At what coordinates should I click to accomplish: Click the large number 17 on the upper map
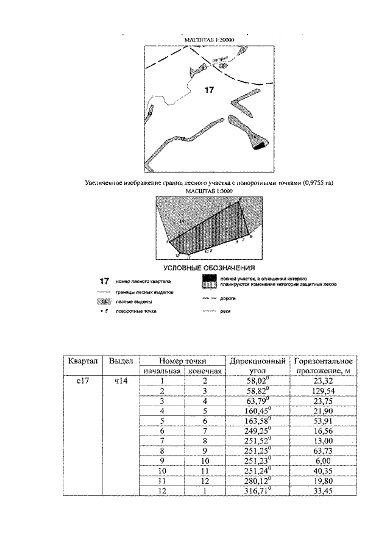(210, 90)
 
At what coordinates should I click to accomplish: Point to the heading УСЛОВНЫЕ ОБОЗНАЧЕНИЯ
(209, 268)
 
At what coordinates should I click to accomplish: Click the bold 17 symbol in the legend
(104, 282)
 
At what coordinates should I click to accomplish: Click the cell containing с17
(77, 381)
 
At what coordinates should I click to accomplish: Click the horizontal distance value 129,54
(322, 391)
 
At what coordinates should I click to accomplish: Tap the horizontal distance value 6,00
(322, 460)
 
